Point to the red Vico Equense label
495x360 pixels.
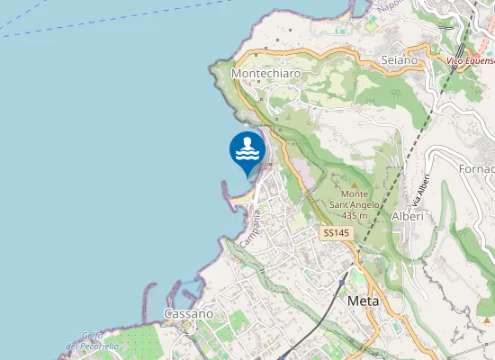471,61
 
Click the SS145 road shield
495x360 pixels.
337,233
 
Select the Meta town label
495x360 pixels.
363,301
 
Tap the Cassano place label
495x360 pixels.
189,313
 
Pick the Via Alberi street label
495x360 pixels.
420,188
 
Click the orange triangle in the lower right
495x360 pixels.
485,319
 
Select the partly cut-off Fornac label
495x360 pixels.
476,168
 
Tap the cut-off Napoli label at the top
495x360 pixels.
389,4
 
